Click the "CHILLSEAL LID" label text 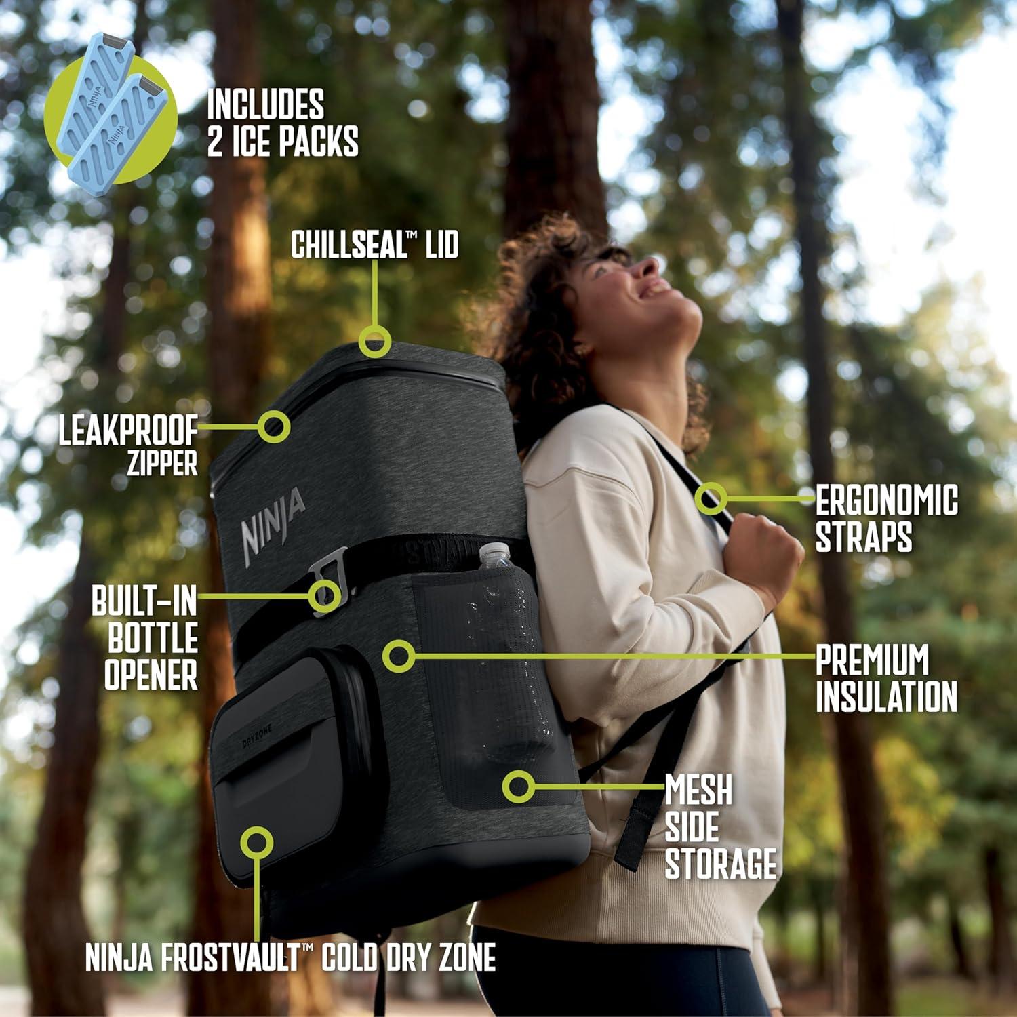[374, 245]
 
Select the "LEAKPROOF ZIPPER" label [128, 446]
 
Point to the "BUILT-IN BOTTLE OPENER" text [145, 639]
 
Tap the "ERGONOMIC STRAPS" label [885, 519]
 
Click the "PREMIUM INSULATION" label [885, 678]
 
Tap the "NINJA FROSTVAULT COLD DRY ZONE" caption [290, 957]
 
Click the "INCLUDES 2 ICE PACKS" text [283, 123]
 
